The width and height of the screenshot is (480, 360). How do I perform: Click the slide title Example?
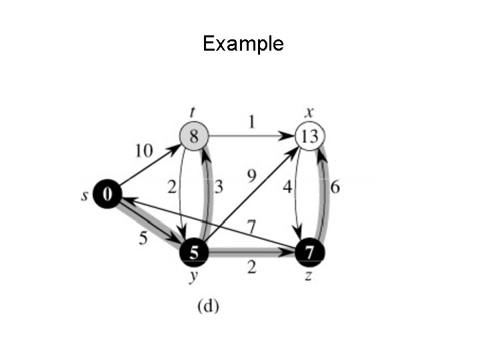coord(243,44)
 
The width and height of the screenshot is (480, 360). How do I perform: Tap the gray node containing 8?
coord(194,137)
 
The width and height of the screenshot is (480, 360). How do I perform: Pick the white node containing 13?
coord(310,137)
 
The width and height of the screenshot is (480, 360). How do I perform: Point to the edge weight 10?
coord(144,151)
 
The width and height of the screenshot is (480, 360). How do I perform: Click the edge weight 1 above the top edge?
coord(251,123)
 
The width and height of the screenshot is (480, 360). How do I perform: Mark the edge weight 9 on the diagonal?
coord(251,177)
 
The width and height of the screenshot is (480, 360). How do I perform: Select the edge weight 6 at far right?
coord(335,187)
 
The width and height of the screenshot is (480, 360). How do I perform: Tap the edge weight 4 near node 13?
coord(287,187)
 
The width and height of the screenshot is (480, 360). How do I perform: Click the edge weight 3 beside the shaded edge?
coord(218,187)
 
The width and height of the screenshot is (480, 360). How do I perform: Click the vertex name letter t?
coord(193,113)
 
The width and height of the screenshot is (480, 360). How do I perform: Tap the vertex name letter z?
coord(308,274)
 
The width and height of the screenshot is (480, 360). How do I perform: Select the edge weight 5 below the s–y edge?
coord(143,238)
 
